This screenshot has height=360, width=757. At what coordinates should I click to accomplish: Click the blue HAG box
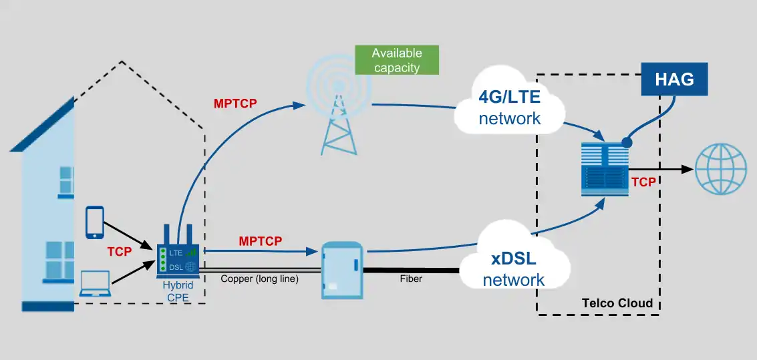point(674,79)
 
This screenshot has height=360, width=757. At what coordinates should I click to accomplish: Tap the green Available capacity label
point(397,60)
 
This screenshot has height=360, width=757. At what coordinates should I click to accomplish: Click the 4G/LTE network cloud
point(509,108)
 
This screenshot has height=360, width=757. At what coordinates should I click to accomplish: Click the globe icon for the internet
point(720,170)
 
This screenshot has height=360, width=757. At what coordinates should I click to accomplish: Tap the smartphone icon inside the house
point(95,222)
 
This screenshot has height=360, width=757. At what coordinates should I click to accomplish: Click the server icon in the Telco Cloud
point(605,171)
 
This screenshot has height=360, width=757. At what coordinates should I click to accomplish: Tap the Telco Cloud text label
point(617,303)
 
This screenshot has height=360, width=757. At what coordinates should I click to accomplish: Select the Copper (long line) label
point(259,279)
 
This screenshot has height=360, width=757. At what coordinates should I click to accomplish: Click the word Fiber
point(411,279)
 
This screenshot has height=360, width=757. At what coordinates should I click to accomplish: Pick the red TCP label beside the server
point(643,182)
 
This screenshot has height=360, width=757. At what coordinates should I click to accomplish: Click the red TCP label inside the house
point(120,252)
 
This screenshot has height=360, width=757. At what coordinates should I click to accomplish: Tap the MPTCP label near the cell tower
point(235,104)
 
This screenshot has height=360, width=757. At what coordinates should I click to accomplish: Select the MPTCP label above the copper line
point(260,240)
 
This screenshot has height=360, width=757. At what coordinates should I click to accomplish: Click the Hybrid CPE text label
point(178,292)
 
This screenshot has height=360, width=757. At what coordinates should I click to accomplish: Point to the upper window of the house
point(65,180)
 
